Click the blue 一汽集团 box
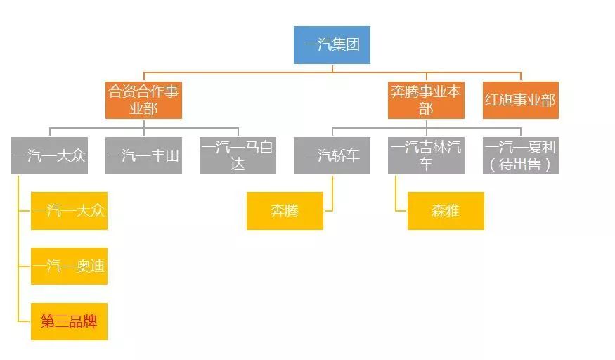pyautogui.click(x=332, y=45)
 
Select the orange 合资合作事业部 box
pyautogui.click(x=143, y=100)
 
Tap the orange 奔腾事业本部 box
pyautogui.click(x=426, y=100)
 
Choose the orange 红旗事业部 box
pyautogui.click(x=520, y=100)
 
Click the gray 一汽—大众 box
pyautogui.click(x=49, y=155)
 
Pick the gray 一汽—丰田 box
pyautogui.click(x=143, y=155)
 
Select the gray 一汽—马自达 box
pyautogui.click(x=238, y=155)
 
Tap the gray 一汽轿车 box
pyautogui.click(x=332, y=155)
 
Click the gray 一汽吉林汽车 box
pyautogui.click(x=426, y=155)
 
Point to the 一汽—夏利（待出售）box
pyautogui.click(x=520, y=155)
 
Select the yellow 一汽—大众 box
pyautogui.click(x=69, y=210)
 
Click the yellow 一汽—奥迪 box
pyautogui.click(x=69, y=266)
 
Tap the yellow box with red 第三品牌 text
pyautogui.click(x=69, y=321)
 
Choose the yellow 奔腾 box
pyautogui.click(x=285, y=210)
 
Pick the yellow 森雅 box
pyautogui.click(x=446, y=210)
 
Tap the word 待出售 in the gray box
pyautogui.click(x=521, y=165)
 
